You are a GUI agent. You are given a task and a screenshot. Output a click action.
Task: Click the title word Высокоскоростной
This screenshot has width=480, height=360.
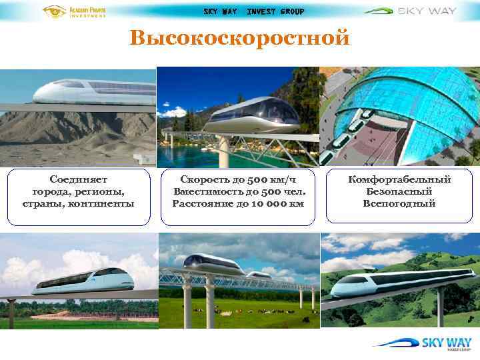tap(239, 38)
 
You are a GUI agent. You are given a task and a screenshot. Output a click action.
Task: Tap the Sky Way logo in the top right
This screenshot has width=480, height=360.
tap(420, 11)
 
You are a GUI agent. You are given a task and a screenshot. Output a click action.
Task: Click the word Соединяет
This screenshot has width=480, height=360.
tap(79, 179)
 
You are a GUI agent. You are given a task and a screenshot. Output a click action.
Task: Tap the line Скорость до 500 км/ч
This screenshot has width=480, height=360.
tap(238, 179)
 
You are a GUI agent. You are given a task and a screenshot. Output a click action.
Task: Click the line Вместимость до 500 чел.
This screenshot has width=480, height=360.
tap(238, 191)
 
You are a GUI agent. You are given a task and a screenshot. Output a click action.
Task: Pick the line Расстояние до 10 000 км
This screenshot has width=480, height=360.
tap(238, 203)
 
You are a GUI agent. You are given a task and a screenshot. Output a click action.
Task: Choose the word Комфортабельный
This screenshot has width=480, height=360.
tap(399, 179)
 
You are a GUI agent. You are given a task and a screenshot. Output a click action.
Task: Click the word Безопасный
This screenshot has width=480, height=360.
tap(399, 191)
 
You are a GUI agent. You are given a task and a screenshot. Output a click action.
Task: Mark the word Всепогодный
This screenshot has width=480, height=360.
tap(399, 203)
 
